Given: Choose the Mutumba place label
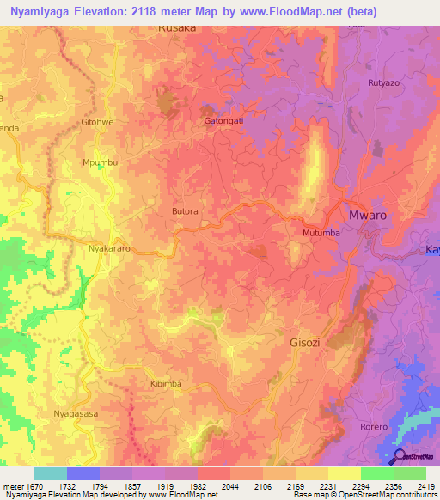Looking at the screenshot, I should [x=321, y=233].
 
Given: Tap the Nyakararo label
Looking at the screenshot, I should [x=109, y=248].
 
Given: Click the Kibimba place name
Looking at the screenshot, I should [x=166, y=383].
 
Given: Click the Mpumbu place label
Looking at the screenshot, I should [x=99, y=162].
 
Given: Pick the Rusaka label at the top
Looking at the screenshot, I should [x=177, y=28].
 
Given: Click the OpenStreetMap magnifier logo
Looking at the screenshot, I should [x=400, y=455].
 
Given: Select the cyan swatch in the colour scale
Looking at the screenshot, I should [x=51, y=473].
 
